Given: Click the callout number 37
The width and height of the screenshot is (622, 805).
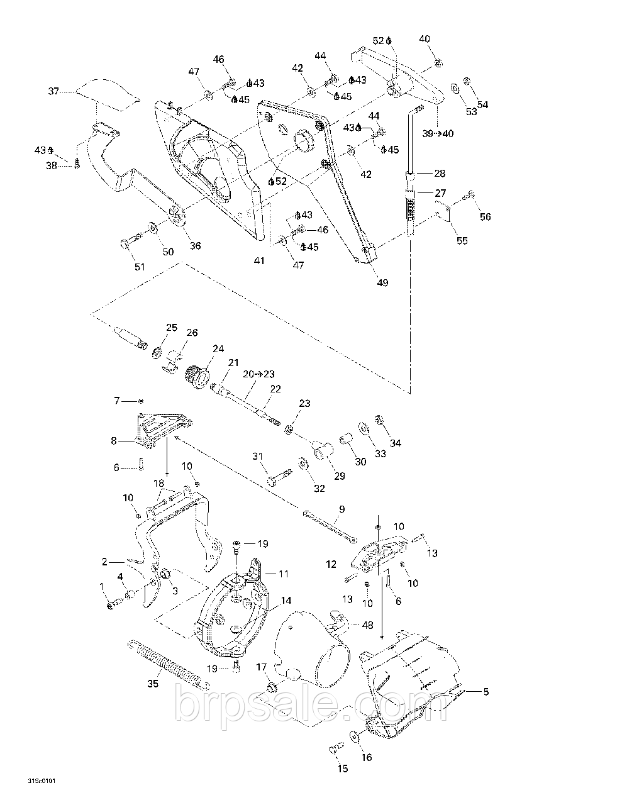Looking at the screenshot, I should coord(53,91).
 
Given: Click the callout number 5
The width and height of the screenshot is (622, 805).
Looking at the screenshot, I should coord(486,692).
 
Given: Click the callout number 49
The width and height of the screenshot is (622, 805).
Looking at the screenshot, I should coord(382,282).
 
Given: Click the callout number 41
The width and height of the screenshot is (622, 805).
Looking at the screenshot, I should coord(258,260).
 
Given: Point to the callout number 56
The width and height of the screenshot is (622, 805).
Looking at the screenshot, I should coord(485,217).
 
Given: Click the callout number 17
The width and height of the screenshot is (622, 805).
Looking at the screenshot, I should coord(262,667).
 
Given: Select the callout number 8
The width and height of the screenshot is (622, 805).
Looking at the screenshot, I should coord(114,441).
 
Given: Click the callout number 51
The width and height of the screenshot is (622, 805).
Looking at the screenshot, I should coord(140,266).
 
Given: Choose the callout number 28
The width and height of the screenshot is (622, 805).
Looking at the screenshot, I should coord(439,173).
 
